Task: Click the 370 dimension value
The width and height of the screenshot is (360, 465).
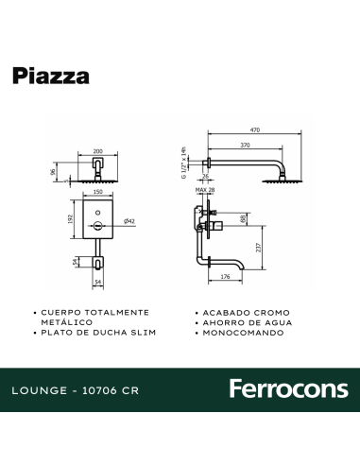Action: click(245, 146)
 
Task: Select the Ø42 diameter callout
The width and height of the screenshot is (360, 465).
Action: click(129, 221)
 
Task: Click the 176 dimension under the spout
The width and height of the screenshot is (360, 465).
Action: click(225, 277)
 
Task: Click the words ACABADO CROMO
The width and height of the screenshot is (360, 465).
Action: click(240, 312)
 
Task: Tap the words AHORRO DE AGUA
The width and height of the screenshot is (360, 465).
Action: click(243, 322)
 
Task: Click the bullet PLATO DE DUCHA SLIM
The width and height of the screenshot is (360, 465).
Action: click(92, 334)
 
